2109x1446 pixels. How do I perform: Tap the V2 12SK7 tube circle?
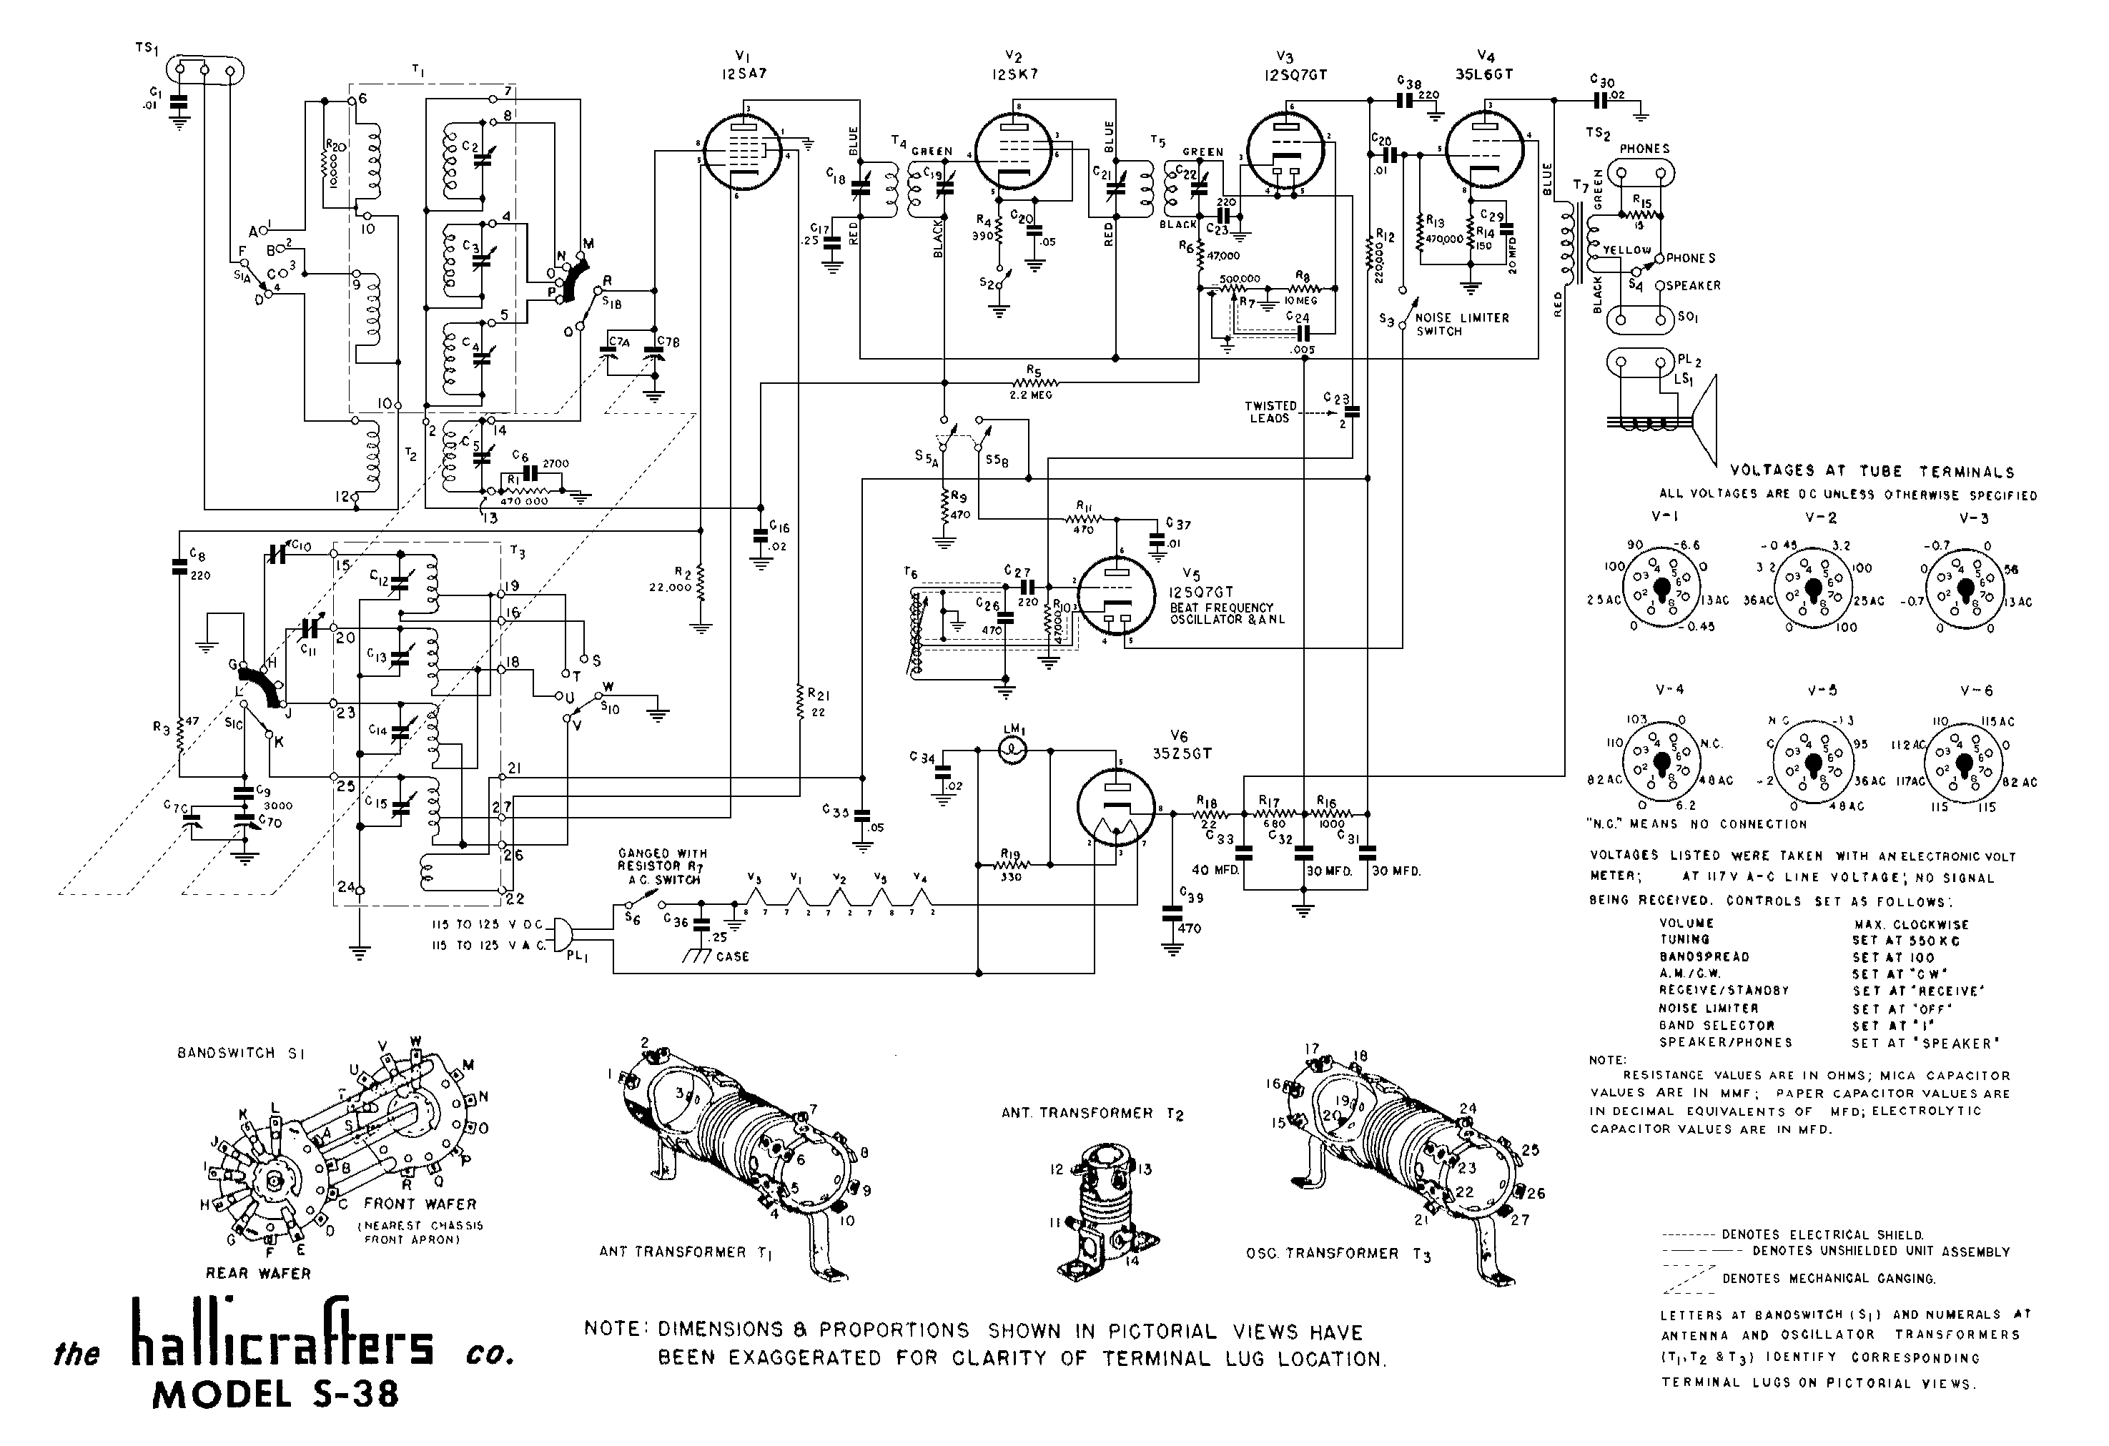pyautogui.click(x=1014, y=152)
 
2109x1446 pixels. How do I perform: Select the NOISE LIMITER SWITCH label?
pyautogui.click(x=1462, y=325)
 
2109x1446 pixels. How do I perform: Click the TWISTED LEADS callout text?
pyautogui.click(x=1270, y=412)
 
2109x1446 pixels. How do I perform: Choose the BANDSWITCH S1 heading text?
pyautogui.click(x=240, y=1053)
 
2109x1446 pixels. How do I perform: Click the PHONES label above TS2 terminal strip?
pyautogui.click(x=1644, y=149)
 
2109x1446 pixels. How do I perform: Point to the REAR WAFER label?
pyautogui.click(x=259, y=1274)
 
